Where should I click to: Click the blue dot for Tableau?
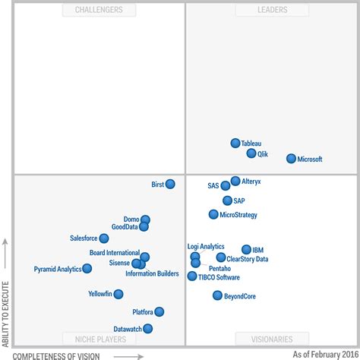[235, 143]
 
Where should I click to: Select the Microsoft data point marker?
[291, 159]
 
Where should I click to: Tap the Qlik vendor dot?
[251, 153]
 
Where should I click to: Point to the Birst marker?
[170, 184]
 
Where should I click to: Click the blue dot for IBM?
[246, 249]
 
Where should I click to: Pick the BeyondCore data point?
[217, 295]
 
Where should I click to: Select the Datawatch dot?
[147, 329]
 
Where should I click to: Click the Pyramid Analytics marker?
[87, 269]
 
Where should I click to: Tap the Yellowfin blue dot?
[118, 294]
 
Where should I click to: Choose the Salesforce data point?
[104, 238]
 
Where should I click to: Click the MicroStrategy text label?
[238, 215]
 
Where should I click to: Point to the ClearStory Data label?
[248, 259]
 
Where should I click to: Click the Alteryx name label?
[251, 182]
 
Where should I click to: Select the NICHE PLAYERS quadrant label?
[99, 339]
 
